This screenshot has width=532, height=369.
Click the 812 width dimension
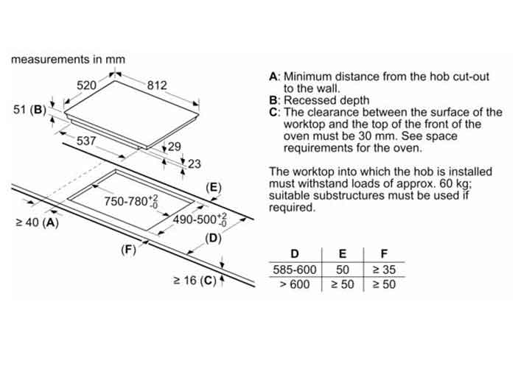[157, 85]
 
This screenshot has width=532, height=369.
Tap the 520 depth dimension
[87, 85]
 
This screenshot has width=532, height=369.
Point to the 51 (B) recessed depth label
[29, 110]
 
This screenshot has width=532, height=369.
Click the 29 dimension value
[174, 147]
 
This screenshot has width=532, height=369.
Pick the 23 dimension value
[194, 164]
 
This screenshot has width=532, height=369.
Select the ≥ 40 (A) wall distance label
[36, 222]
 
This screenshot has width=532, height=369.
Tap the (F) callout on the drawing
[129, 249]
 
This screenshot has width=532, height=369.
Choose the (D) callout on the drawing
[213, 238]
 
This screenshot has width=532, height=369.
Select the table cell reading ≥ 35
[382, 270]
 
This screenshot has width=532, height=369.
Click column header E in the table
[340, 254]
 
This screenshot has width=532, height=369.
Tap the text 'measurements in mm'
[68, 59]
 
